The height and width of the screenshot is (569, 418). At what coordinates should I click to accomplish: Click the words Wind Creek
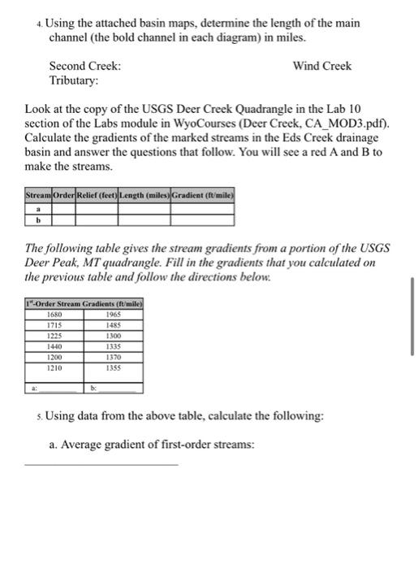tap(322, 65)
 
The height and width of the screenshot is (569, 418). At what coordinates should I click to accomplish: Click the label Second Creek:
tap(85, 65)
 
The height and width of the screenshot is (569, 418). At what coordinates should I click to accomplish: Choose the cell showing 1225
tap(55, 336)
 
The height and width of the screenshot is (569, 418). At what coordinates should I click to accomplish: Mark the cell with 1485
tap(114, 325)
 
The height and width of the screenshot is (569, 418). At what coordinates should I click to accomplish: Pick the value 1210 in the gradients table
tap(55, 367)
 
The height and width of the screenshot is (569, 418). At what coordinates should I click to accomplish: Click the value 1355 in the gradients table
tap(114, 367)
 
